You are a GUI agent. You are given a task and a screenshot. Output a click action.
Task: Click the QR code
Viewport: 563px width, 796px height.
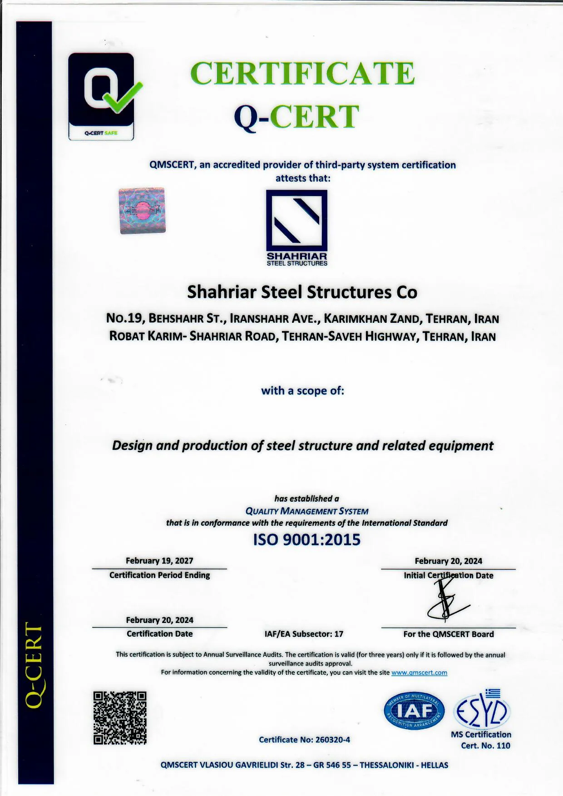click(x=120, y=718)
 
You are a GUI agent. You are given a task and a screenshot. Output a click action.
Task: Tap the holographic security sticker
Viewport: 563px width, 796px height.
click(x=142, y=211)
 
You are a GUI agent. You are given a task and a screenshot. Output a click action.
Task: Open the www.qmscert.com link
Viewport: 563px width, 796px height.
click(x=419, y=672)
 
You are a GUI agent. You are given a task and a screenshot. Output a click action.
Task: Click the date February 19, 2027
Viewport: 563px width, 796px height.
click(x=159, y=561)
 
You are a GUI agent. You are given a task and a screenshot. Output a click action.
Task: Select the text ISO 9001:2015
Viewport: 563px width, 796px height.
click(x=306, y=539)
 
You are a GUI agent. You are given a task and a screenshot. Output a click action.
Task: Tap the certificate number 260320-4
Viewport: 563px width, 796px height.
click(x=332, y=740)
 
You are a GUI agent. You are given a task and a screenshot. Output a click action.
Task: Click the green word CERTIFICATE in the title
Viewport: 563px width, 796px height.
click(x=302, y=74)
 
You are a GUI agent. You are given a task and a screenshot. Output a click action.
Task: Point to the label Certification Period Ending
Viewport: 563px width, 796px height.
click(x=159, y=575)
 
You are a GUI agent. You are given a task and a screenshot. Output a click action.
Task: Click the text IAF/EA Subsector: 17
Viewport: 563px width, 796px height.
click(x=304, y=634)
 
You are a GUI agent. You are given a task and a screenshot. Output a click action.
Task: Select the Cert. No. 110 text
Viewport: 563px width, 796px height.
click(x=485, y=746)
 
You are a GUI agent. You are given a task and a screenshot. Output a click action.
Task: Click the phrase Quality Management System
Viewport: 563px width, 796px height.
click(x=306, y=511)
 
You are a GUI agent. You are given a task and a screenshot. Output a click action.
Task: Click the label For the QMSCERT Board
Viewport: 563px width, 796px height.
click(x=448, y=634)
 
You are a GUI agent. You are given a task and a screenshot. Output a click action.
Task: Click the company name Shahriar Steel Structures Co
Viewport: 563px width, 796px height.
click(x=302, y=292)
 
